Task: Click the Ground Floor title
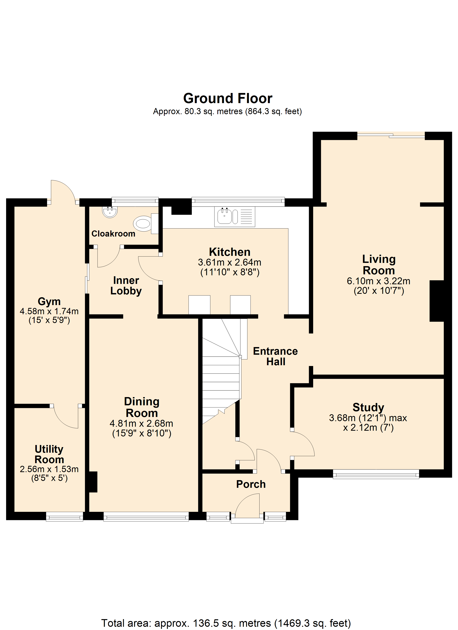(x=228, y=98)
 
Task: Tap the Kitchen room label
(x=230, y=252)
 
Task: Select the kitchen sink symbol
(x=235, y=217)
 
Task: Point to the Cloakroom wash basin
(x=110, y=212)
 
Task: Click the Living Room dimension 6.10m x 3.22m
(x=379, y=281)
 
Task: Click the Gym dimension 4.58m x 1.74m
(x=49, y=311)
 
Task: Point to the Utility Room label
(x=49, y=454)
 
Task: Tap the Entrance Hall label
(x=276, y=356)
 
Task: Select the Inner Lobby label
(x=126, y=286)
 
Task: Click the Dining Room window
(x=146, y=517)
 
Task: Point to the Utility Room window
(x=65, y=517)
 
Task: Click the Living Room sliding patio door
(x=391, y=136)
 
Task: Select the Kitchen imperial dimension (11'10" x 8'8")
(x=230, y=272)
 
